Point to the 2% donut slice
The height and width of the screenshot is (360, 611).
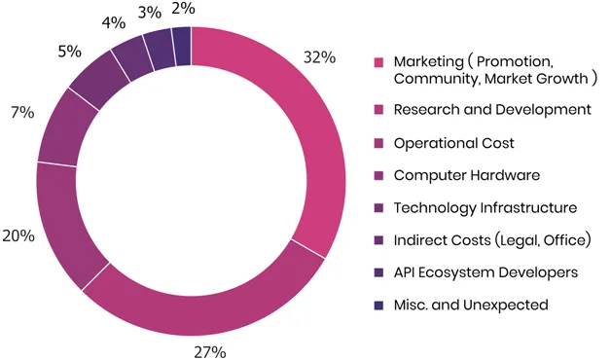tap(182, 46)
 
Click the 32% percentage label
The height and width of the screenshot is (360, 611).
tap(319, 57)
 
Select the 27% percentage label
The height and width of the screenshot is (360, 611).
tap(210, 352)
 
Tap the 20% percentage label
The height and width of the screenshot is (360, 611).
tap(18, 235)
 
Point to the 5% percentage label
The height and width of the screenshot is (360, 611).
tap(70, 51)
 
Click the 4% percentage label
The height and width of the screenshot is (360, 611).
tap(114, 23)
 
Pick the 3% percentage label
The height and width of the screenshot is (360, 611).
tap(150, 13)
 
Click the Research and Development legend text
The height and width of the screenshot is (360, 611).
tap(492, 110)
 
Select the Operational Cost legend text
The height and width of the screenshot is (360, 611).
tap(454, 143)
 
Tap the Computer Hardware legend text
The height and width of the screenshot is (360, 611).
tap(467, 175)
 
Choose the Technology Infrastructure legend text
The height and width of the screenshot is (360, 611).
tap(485, 207)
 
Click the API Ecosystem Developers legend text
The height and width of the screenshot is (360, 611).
tap(485, 272)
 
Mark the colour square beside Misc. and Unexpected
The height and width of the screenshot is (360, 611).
tap(378, 306)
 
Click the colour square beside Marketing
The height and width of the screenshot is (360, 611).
tap(378, 62)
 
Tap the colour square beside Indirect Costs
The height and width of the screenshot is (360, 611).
tap(378, 240)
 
